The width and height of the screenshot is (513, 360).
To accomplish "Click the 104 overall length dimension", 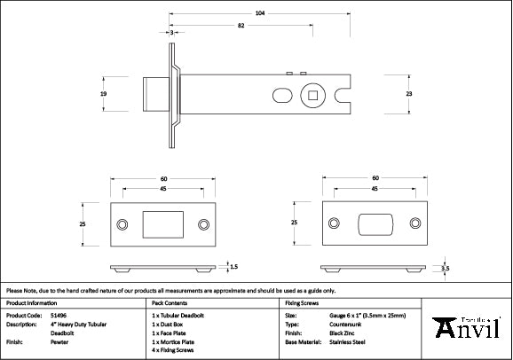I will click(x=258, y=13).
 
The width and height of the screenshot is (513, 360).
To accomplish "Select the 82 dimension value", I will click(x=240, y=27).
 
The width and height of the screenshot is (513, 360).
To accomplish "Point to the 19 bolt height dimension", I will click(x=103, y=92).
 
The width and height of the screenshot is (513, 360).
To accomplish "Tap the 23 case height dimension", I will click(x=409, y=92).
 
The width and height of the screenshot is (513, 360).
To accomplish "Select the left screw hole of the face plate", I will click(x=122, y=223).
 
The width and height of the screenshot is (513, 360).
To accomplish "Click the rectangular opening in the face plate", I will click(x=162, y=223).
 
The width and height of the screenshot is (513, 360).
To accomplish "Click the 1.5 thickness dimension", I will click(x=233, y=265).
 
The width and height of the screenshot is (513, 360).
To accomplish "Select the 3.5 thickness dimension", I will click(x=446, y=267).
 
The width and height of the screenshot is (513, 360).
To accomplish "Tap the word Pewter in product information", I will click(x=60, y=341).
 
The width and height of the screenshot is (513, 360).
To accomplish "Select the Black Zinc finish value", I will click(x=343, y=333).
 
